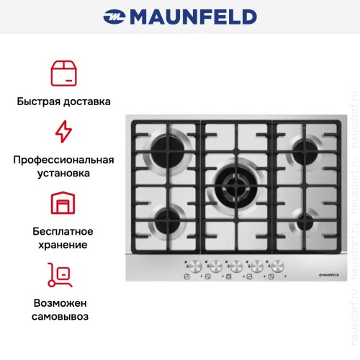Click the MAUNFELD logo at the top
180,16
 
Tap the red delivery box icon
63,73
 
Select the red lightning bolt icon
63,132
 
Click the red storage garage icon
63,203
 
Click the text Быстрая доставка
63,102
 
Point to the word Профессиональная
63,159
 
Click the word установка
63,174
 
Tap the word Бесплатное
63,230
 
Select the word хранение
63,245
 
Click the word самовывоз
63,315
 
